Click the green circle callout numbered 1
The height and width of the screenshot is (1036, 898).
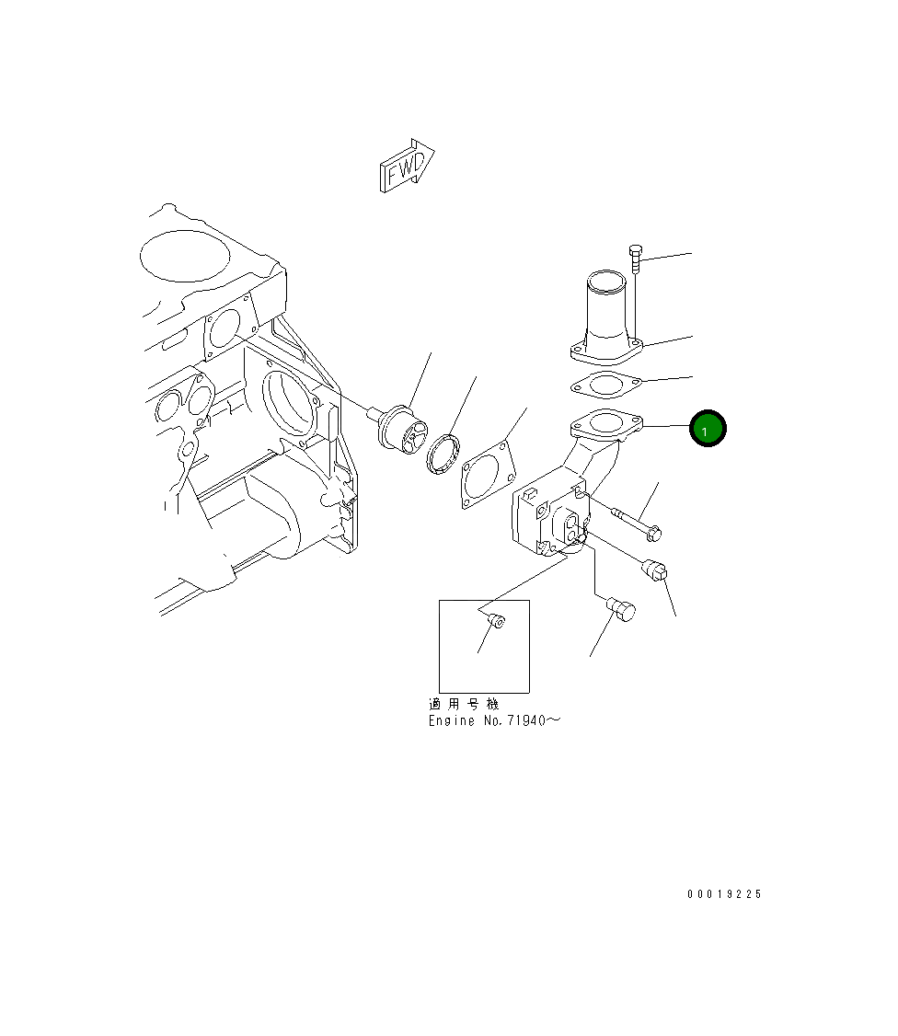click(707, 428)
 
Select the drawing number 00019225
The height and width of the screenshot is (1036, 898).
click(724, 894)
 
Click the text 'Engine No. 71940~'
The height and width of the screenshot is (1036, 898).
click(494, 720)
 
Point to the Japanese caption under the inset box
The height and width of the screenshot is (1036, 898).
click(464, 704)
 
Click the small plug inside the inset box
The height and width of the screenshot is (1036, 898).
click(495, 620)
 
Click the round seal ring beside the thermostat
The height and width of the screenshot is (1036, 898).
click(443, 454)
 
